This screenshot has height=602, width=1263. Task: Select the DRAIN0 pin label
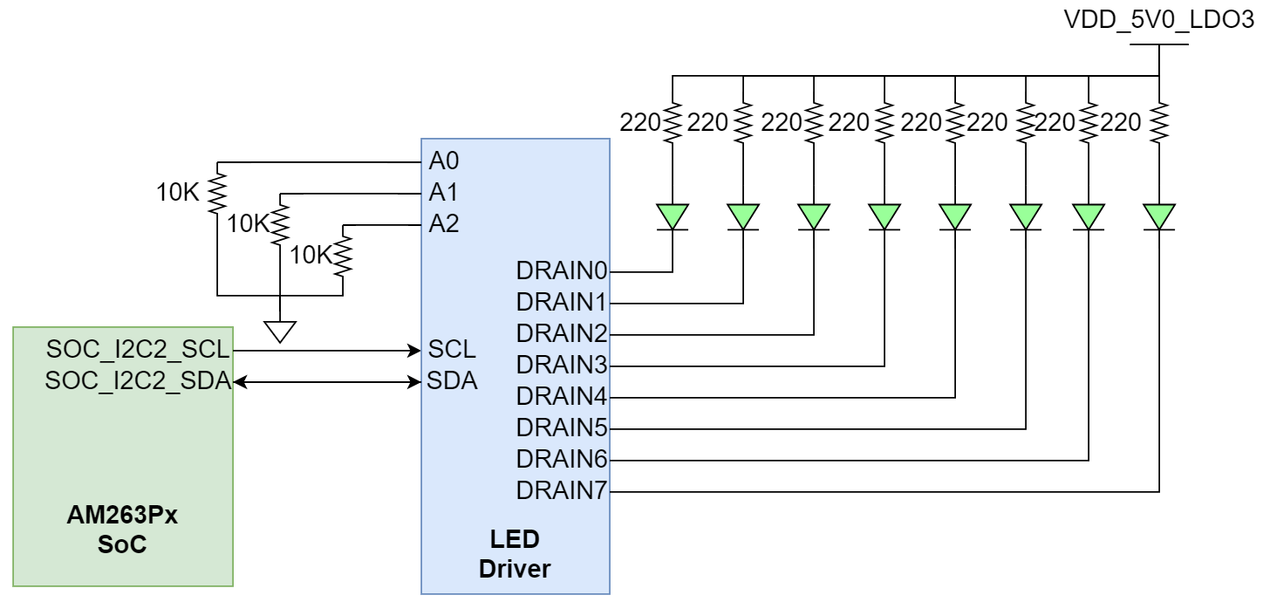(x=562, y=272)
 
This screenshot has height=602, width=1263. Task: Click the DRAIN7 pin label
(x=562, y=491)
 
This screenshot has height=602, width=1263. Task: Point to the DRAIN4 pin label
(x=562, y=396)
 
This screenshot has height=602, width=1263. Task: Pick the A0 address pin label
(x=444, y=161)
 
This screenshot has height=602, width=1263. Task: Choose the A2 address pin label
(x=444, y=224)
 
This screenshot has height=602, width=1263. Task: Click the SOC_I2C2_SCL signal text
(x=138, y=351)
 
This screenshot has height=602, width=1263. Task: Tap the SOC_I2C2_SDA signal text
(x=138, y=381)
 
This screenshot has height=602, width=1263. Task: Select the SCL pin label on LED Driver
(x=452, y=351)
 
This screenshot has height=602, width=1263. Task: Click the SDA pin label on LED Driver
(x=452, y=381)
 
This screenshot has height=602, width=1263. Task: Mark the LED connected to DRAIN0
(x=672, y=216)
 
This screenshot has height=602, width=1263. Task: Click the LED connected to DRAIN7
(x=1158, y=216)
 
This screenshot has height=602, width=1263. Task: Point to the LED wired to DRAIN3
(x=884, y=216)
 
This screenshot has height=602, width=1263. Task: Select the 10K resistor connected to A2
(x=343, y=255)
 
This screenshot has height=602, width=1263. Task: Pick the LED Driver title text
(x=515, y=554)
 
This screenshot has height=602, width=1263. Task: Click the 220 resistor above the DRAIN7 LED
(x=1158, y=124)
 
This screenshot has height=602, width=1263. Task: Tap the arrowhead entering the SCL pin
(x=415, y=351)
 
